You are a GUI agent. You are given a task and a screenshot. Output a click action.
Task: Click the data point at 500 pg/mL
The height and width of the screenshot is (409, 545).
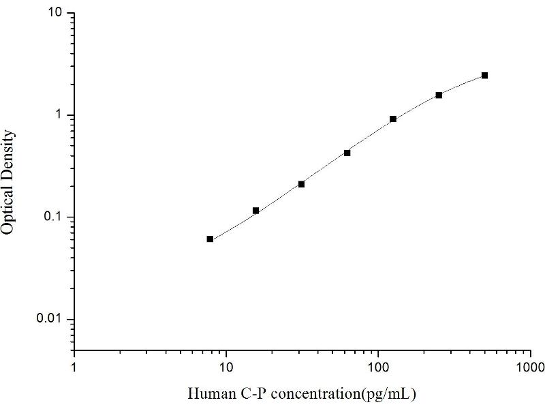[484, 75]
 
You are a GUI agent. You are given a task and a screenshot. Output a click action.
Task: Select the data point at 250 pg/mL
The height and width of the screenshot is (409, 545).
[439, 95]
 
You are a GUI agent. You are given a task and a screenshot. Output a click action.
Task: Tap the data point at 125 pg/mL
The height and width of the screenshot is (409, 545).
[393, 119]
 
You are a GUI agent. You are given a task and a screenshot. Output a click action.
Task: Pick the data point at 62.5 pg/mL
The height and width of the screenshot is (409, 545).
[347, 153]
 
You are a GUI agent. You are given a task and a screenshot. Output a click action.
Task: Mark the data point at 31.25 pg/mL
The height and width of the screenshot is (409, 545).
[301, 184]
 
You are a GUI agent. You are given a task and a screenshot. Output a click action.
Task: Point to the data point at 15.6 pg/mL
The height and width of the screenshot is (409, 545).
[255, 211]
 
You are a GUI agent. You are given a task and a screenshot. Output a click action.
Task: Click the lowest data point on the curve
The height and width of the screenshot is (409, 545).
[210, 239]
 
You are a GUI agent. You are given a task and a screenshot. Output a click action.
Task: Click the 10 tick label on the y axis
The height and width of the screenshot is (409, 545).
[56, 14]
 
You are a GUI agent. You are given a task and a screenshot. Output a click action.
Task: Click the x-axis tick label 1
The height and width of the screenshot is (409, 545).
[74, 367]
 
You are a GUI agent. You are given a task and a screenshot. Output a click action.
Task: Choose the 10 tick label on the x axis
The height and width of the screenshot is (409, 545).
[226, 367]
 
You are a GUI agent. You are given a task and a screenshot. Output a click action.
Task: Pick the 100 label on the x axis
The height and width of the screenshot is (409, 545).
[378, 367]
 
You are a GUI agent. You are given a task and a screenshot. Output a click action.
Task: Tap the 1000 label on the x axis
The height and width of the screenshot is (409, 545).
[530, 367]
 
